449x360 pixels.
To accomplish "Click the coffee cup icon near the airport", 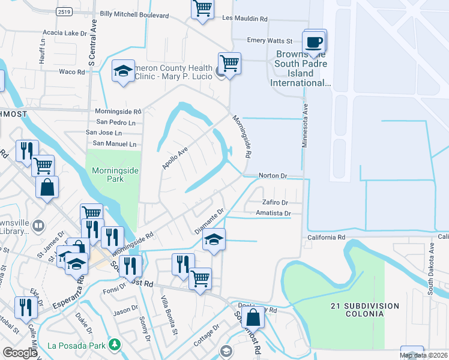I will (315, 43).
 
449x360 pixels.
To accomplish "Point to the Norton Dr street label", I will (273, 176).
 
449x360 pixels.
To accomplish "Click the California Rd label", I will (327, 238).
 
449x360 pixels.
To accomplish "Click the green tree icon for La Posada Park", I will (113, 345).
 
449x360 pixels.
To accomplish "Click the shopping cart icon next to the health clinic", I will (229, 62).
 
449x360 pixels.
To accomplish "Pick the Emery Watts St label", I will (270, 41).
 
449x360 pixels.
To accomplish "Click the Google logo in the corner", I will (20, 352).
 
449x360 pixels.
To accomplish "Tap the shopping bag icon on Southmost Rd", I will (254, 316).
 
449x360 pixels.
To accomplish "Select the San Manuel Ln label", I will (113, 144).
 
